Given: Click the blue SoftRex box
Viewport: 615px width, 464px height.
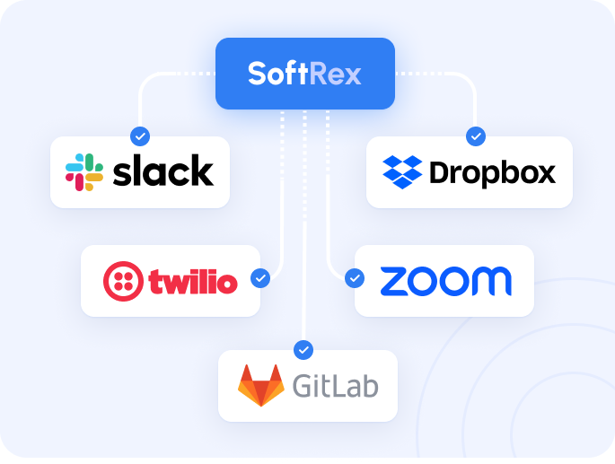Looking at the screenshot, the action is [x=305, y=74].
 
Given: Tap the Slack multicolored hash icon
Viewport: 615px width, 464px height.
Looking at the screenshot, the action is [x=84, y=172].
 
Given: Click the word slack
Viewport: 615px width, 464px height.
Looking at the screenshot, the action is [x=163, y=170].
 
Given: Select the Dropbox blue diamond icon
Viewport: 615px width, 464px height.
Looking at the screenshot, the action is [x=402, y=172].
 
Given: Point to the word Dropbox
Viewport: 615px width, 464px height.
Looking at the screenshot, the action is [x=493, y=172].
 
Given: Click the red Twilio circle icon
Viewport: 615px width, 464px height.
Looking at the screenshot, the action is [x=123, y=281].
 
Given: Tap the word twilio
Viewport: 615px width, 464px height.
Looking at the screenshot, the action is [x=193, y=281].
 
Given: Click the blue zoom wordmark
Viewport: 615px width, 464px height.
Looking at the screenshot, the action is [x=446, y=281].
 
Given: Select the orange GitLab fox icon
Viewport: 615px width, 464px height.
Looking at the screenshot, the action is [x=261, y=386].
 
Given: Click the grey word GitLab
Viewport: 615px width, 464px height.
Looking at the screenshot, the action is [x=336, y=386].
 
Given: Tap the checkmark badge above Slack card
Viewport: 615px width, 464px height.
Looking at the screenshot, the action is [x=140, y=136].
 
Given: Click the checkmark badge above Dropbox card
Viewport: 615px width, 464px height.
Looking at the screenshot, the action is [x=476, y=136].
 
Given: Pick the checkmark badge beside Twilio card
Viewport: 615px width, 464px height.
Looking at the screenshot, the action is [x=260, y=278].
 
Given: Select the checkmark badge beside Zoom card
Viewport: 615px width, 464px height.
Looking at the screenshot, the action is [x=355, y=278].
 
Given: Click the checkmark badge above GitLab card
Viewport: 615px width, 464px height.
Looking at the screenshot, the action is [x=303, y=350].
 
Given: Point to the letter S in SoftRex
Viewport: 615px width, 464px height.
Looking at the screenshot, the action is [x=258, y=74].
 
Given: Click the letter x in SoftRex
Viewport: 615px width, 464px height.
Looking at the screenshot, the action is [x=352, y=76].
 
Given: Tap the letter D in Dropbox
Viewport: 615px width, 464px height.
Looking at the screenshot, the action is [x=440, y=171].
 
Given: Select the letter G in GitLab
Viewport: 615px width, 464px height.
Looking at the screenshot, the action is [x=303, y=386].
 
